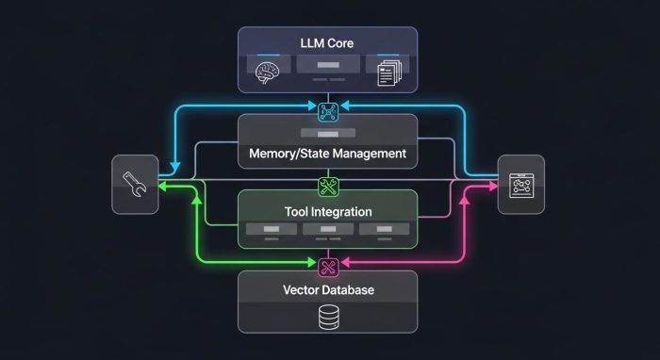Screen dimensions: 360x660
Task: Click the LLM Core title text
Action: [x=327, y=43]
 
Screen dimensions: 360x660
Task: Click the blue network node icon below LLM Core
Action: [x=327, y=111]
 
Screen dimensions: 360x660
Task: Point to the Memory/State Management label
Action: [x=327, y=153]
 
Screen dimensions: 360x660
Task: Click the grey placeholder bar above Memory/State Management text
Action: [x=327, y=135]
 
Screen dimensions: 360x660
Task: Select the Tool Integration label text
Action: [x=327, y=212]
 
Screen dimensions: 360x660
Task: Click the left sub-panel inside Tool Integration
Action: [x=271, y=231]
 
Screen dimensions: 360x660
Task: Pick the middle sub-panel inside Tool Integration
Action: [x=327, y=231]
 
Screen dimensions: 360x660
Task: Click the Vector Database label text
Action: [x=327, y=289]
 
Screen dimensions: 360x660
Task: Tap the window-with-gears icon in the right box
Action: [x=520, y=185]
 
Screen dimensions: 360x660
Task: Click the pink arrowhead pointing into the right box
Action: [x=490, y=187]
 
